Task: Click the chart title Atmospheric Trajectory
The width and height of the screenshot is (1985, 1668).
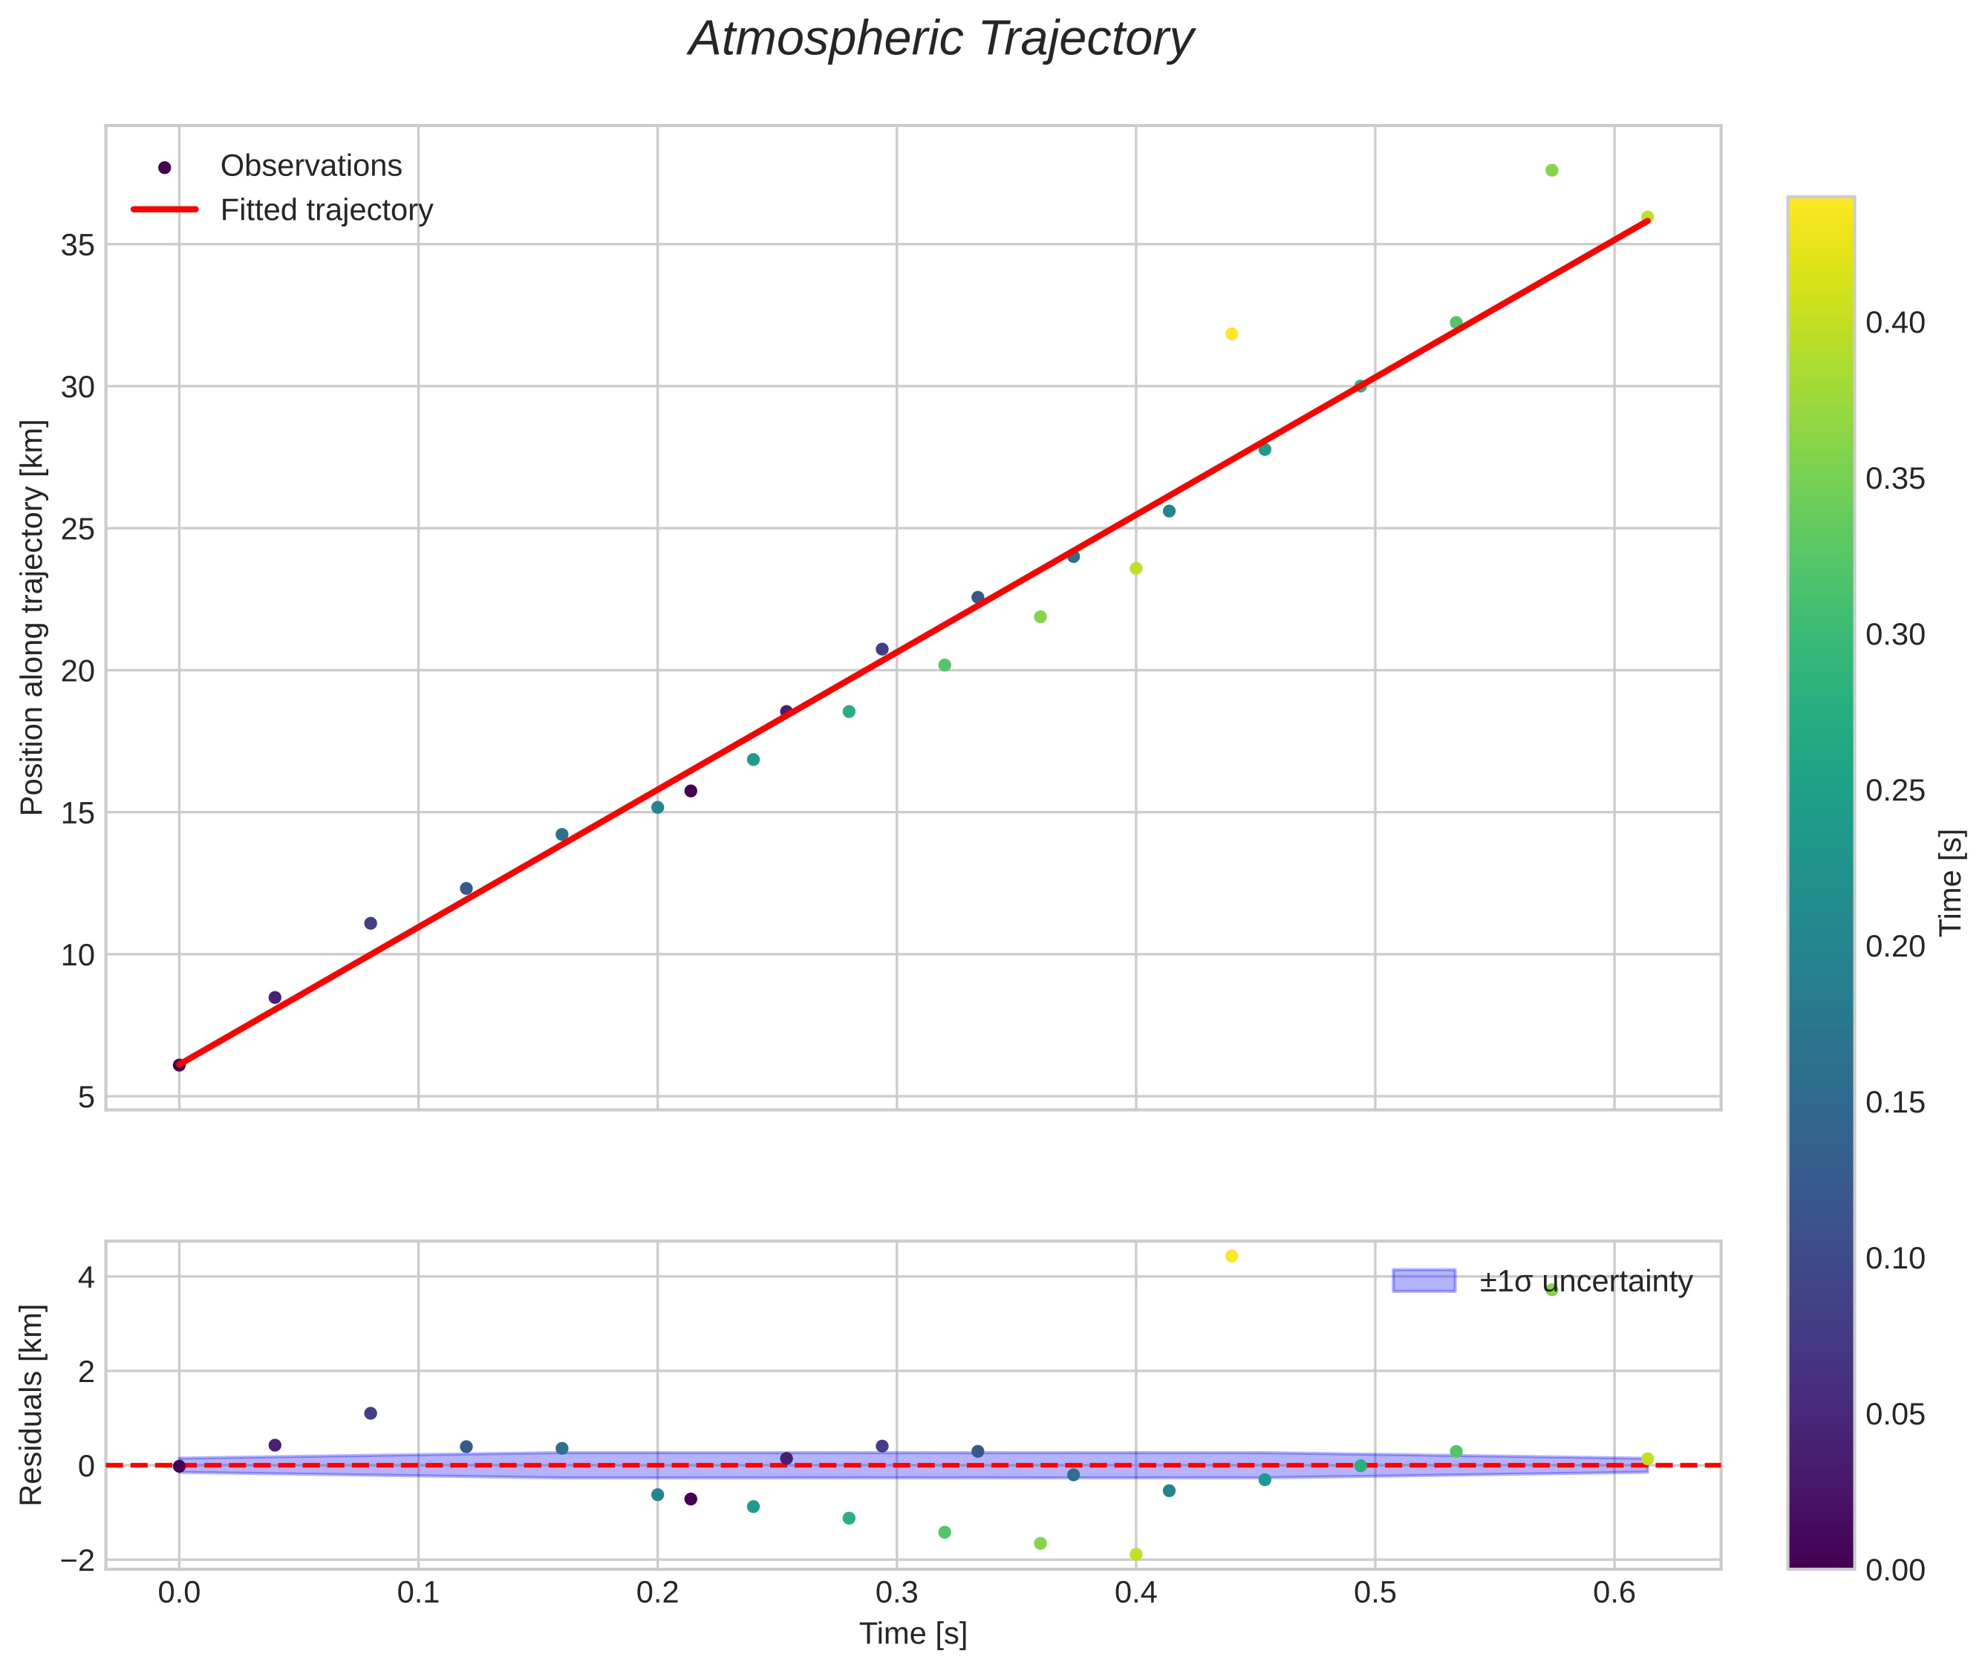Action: point(941,39)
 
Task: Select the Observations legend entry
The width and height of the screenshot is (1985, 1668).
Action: point(310,166)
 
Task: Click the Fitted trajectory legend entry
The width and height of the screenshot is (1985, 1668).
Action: point(326,210)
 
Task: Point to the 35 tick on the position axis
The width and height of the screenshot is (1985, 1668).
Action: point(79,246)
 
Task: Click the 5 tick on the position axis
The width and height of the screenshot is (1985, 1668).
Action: point(87,1098)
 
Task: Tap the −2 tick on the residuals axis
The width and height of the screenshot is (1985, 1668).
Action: point(77,1561)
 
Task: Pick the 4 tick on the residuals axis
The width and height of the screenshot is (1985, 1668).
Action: point(87,1278)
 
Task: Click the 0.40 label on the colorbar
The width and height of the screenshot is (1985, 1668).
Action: point(1895,323)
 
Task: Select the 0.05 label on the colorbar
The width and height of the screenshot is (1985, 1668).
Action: point(1895,1415)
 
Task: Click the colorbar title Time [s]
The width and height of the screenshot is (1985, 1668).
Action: point(1952,882)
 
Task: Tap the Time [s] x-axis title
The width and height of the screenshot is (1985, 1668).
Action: point(913,1634)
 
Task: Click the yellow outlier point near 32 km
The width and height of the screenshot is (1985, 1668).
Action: point(1231,333)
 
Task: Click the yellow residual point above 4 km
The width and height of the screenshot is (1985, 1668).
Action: point(1231,1257)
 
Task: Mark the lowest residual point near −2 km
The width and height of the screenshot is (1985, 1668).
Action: point(1135,1554)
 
